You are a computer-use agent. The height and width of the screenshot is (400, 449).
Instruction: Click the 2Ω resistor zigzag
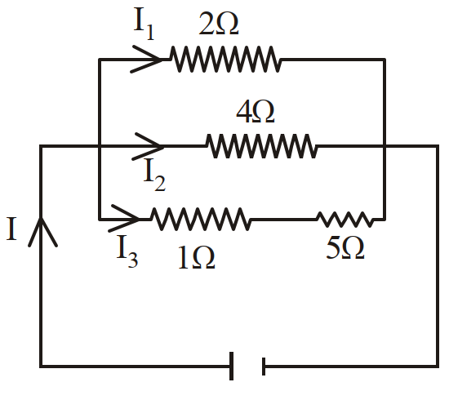coord(225,60)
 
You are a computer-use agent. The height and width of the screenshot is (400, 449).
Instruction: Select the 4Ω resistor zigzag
coord(261,146)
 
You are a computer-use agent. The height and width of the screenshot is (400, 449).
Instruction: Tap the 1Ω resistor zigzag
coord(201,220)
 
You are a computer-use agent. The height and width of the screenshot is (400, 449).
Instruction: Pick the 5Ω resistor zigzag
coord(345,220)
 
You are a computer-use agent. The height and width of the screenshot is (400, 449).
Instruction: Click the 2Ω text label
coord(219,24)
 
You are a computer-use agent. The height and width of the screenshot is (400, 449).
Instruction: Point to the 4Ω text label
coord(256,112)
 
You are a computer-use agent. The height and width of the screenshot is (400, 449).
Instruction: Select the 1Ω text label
coord(197,258)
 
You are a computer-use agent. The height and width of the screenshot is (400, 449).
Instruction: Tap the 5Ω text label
coord(345,248)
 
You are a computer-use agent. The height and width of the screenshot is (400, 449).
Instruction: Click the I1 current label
coord(144,24)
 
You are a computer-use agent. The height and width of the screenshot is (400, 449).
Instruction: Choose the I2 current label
coord(154,175)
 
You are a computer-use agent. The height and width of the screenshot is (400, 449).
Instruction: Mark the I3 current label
coord(127,251)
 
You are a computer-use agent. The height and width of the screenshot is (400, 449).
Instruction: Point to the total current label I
coord(11,229)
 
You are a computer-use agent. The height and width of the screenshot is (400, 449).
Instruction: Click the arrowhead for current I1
coord(147,60)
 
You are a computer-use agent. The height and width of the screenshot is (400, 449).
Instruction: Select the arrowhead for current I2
coord(148,146)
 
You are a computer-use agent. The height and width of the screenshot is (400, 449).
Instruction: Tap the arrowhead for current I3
coord(124,218)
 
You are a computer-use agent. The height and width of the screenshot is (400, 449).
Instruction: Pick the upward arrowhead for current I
coord(42,232)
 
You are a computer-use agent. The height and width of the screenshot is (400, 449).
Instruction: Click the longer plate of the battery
coord(231,367)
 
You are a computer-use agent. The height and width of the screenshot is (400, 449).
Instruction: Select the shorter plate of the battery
coord(264,367)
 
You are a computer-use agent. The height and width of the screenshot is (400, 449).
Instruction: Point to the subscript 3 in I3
coord(133,260)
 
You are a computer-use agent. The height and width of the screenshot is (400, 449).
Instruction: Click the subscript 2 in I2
coord(160,182)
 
